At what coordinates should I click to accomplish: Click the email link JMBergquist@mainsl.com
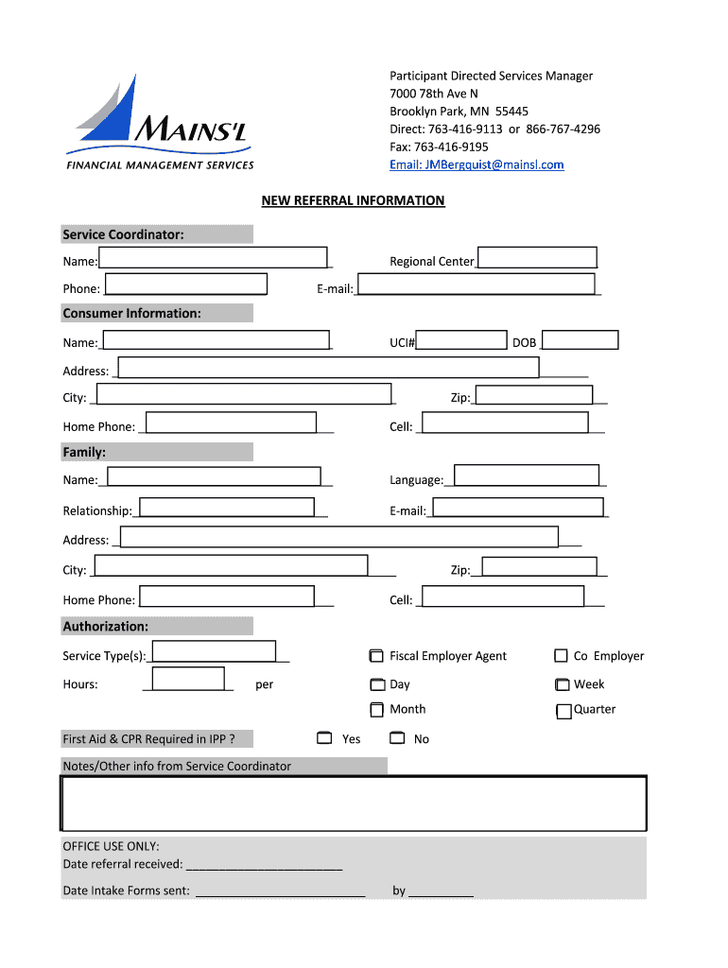click(x=477, y=164)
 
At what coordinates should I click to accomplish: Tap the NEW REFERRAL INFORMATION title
click(x=353, y=200)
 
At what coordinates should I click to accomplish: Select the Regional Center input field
click(x=537, y=258)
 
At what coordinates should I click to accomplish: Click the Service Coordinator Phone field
click(x=186, y=285)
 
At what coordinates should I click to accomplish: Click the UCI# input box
click(x=461, y=340)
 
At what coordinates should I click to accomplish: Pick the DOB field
click(x=580, y=340)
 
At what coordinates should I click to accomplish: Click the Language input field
click(x=527, y=475)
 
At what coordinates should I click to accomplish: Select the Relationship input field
click(x=227, y=508)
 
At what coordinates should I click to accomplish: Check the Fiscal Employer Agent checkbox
click(x=376, y=656)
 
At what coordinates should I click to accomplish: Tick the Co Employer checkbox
click(x=562, y=656)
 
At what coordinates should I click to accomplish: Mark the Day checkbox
click(x=376, y=684)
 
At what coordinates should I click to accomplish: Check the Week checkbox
click(x=562, y=684)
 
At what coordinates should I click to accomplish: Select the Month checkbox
click(x=376, y=709)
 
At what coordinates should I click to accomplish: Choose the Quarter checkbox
click(x=563, y=712)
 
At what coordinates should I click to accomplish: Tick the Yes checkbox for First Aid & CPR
click(x=324, y=737)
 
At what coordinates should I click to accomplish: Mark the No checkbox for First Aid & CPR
click(x=397, y=737)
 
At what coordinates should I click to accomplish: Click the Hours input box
click(x=188, y=679)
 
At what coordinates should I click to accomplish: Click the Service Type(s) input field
click(x=214, y=651)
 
